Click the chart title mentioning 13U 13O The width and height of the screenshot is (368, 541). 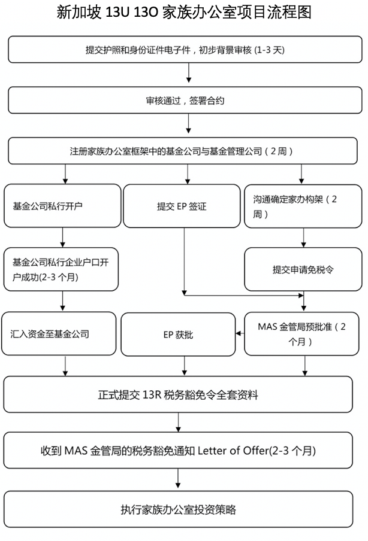point(184,13)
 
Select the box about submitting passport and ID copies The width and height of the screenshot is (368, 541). point(185,49)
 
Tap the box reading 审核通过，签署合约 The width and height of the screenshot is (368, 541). point(185,100)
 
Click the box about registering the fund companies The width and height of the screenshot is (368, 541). point(183,151)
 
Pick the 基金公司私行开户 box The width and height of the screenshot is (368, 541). point(62,206)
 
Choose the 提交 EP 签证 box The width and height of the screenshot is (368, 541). point(182,206)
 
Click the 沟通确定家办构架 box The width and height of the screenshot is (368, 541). point(303,206)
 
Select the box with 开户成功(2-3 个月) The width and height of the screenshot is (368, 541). point(61,269)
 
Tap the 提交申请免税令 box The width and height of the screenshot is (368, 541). point(303,269)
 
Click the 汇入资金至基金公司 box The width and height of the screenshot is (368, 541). point(59,334)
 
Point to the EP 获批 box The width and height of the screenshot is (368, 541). point(178,335)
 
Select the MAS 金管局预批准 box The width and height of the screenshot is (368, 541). point(301,334)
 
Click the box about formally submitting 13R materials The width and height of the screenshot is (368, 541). point(178,394)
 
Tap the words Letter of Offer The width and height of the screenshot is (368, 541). point(233,451)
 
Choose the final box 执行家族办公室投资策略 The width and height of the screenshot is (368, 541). point(178,509)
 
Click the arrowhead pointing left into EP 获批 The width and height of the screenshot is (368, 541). point(238,333)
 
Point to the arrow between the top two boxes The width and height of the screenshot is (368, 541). point(189,73)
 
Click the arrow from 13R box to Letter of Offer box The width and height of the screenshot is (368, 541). point(178,423)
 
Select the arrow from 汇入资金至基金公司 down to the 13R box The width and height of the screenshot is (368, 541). point(65,366)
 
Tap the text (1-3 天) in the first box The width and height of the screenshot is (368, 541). point(270,50)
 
